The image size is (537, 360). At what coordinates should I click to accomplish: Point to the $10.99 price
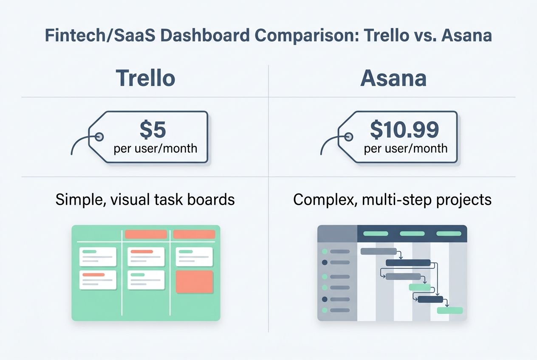pos(404,130)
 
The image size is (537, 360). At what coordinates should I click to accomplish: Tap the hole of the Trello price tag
pos(99,137)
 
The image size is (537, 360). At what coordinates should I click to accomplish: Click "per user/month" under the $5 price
pos(155,149)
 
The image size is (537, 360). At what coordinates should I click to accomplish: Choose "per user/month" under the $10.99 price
pos(406,149)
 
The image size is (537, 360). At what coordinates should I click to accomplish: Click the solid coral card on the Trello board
pos(194,281)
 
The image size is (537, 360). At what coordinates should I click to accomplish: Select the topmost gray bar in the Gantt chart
pos(379,251)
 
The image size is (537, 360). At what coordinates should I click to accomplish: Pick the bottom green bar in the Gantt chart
pos(450,310)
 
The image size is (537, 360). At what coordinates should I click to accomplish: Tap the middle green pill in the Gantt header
pos(412,233)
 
